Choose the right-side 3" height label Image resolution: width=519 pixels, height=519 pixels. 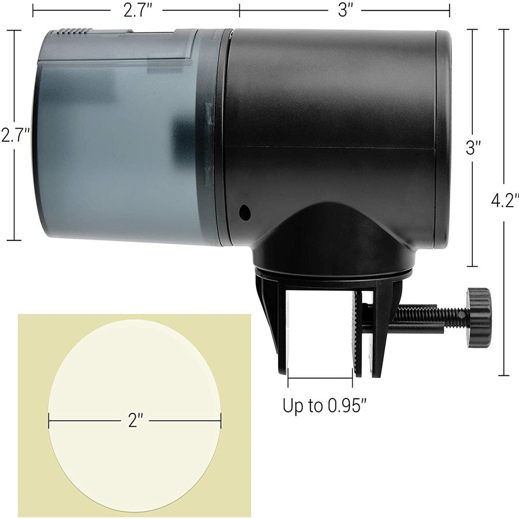tap(471, 149)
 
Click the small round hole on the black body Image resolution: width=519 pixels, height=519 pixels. tap(243, 211)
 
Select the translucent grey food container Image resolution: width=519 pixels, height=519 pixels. tap(119, 140)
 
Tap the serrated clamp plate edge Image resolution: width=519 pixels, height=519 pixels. tap(355, 332)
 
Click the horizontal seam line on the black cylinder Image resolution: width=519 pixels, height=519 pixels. tap(332, 148)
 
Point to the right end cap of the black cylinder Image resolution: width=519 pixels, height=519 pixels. tap(442, 140)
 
